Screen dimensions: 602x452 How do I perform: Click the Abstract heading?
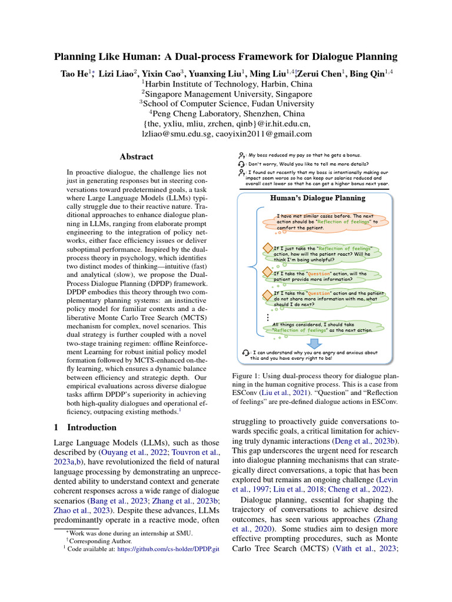[137, 157]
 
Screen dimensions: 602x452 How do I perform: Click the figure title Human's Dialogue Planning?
[318, 199]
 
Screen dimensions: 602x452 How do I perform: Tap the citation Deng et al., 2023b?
[363, 441]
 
